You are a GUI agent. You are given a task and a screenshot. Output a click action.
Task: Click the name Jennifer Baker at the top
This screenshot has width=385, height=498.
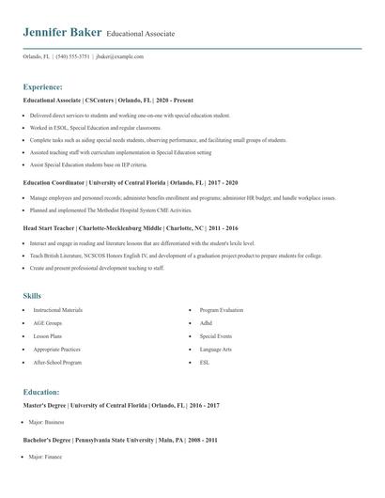click(62, 33)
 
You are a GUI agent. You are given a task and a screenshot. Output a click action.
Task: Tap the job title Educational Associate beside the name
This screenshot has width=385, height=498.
click(141, 35)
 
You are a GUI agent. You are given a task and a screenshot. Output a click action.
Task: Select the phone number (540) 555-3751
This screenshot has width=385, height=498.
click(73, 56)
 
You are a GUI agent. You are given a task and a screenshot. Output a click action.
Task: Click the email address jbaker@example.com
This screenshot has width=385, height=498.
click(120, 56)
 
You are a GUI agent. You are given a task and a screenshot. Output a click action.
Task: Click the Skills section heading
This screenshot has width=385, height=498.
click(33, 296)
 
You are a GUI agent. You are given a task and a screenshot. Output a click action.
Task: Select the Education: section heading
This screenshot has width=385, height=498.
click(41, 392)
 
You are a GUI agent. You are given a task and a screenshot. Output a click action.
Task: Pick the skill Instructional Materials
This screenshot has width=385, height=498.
click(58, 309)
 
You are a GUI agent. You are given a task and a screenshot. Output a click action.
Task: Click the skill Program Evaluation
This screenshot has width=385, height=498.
click(222, 309)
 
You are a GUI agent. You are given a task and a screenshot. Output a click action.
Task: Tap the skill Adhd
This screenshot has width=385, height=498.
click(206, 322)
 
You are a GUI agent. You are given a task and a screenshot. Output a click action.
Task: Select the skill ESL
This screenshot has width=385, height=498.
click(205, 362)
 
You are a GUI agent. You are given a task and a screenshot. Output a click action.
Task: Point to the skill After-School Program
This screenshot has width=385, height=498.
click(57, 362)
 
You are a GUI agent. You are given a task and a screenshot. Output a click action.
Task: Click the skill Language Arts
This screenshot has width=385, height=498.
click(216, 349)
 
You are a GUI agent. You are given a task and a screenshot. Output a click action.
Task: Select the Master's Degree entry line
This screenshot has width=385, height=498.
click(121, 405)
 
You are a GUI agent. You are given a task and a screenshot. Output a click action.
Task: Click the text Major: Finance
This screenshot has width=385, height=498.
click(46, 457)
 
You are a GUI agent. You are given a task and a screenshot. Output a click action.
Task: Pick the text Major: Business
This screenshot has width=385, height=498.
click(47, 422)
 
